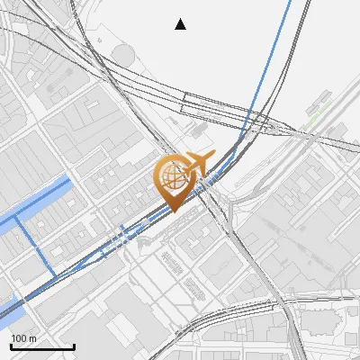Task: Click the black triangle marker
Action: click(181, 24)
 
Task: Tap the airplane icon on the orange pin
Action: click(198, 163)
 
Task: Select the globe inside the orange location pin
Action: click(171, 176)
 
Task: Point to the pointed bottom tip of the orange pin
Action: click(172, 211)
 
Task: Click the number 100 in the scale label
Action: click(19, 338)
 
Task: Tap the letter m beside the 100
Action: click(32, 338)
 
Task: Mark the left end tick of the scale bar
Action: click(11, 346)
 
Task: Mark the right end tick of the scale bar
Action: click(74, 346)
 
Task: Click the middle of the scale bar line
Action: click(42, 346)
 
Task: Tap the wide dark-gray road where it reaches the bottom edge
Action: click(298, 356)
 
